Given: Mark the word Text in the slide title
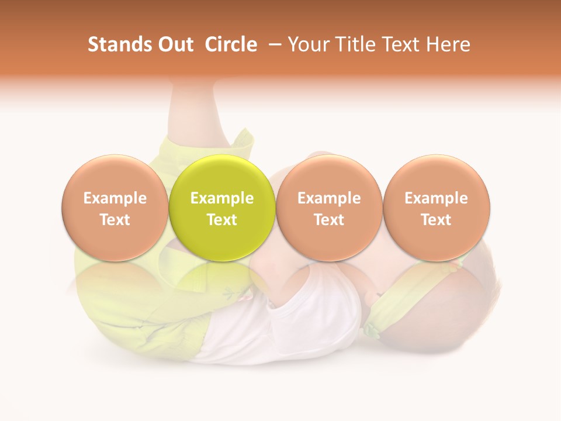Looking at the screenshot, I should [399, 44].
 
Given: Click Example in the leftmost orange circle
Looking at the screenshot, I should [115, 198].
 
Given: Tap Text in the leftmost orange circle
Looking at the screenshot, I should [115, 220].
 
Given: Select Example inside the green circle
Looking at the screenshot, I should [222, 198].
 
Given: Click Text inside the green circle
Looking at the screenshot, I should [222, 220].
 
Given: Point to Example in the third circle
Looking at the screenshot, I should [329, 198].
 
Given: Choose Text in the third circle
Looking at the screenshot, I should [329, 220].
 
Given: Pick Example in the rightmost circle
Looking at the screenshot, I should [437, 198].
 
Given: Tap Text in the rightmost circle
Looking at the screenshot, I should [437, 220].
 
